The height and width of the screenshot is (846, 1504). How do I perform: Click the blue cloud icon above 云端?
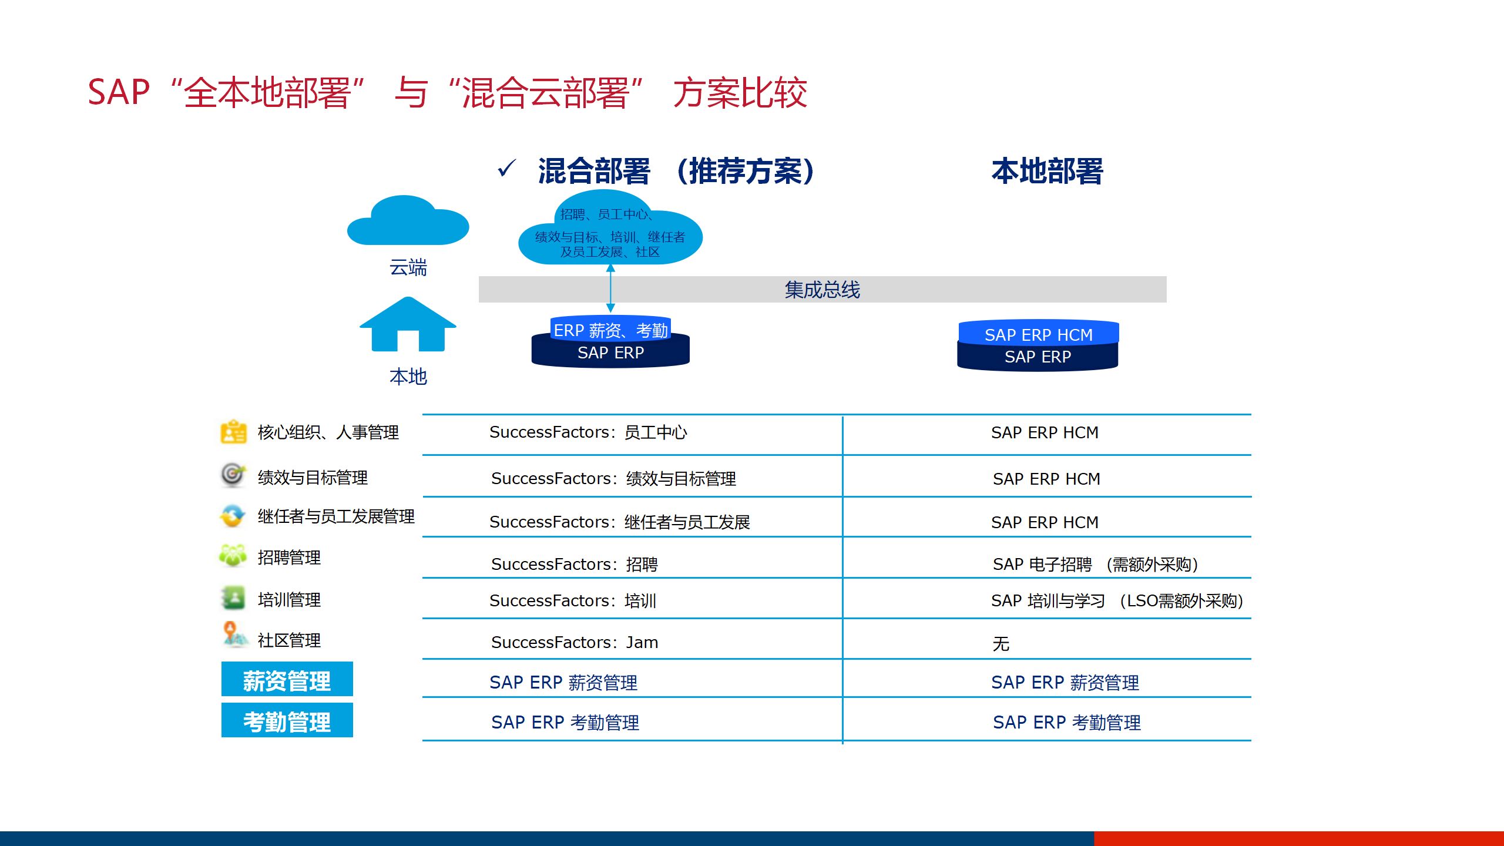[408, 221]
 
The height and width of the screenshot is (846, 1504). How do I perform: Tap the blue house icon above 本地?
[408, 324]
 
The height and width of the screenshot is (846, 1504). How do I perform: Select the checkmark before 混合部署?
[506, 169]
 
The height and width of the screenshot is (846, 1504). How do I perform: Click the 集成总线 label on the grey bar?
[822, 290]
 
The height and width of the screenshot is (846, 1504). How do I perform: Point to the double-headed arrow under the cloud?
[610, 288]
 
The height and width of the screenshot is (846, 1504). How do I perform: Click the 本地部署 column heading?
[1047, 171]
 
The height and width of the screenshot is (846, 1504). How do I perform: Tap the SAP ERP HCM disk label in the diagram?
[1038, 335]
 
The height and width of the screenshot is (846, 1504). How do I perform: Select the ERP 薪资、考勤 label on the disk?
[610, 331]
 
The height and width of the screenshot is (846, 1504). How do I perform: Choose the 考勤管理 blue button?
[287, 720]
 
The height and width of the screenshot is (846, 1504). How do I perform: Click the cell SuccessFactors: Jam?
[574, 642]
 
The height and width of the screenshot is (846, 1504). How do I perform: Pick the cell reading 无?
[1001, 644]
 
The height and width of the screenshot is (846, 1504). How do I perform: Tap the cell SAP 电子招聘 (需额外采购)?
[1096, 565]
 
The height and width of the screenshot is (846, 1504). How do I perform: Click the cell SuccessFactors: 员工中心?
[588, 432]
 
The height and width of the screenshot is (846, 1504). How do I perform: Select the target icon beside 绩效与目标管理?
[233, 475]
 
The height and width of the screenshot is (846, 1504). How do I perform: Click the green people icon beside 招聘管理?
[233, 555]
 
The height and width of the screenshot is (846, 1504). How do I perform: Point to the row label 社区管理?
[289, 640]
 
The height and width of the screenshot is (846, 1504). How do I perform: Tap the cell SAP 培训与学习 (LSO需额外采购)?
[1117, 601]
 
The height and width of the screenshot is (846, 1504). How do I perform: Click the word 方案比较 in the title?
[740, 93]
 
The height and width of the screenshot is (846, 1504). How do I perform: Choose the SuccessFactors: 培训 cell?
[573, 601]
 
